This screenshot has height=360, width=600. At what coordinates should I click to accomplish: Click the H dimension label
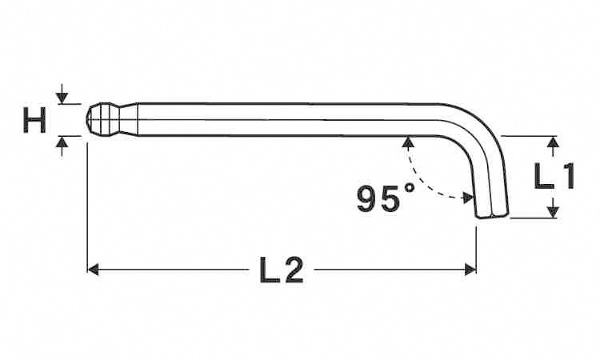(34, 120)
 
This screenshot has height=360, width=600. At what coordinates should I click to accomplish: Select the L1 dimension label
(554, 176)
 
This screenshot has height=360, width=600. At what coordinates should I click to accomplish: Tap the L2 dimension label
(282, 270)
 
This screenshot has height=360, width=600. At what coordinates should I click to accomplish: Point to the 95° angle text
(386, 198)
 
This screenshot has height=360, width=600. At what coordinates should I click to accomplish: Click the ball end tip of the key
(87, 119)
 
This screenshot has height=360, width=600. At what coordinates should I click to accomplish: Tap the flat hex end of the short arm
(494, 217)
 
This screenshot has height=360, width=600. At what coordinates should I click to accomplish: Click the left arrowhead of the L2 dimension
(94, 270)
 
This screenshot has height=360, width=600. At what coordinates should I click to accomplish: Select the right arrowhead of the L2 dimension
(470, 270)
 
